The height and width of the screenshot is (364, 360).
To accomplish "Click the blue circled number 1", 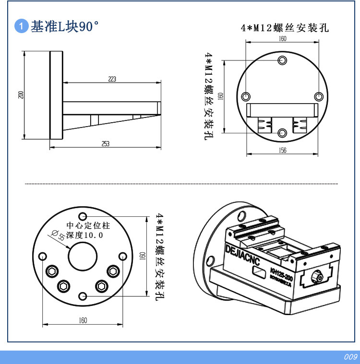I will click(22, 26).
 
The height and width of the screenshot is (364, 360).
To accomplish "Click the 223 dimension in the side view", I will click(112, 79).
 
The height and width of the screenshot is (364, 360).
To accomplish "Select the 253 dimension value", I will click(106, 143).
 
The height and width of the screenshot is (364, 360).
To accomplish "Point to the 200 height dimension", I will click(21, 94).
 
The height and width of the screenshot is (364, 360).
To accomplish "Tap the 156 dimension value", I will click(282, 151).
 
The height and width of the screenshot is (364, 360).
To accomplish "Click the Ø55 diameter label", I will click(58, 235).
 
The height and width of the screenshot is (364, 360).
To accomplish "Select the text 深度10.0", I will click(84, 235).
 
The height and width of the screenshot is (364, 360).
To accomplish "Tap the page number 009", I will click(350, 357).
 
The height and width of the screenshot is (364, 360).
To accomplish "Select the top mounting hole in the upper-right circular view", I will click(282, 60).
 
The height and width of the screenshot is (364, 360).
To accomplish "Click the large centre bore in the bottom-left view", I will click(83, 257).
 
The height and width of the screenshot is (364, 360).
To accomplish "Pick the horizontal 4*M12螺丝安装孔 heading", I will click(285, 28).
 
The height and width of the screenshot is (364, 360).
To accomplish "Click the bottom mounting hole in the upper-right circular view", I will click(282, 132).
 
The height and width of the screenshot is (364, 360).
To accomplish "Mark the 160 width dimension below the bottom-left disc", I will click(83, 320).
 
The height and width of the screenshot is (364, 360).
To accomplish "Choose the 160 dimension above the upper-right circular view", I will click(282, 39).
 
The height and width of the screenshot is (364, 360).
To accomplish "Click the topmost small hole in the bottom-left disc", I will click(83, 216).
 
